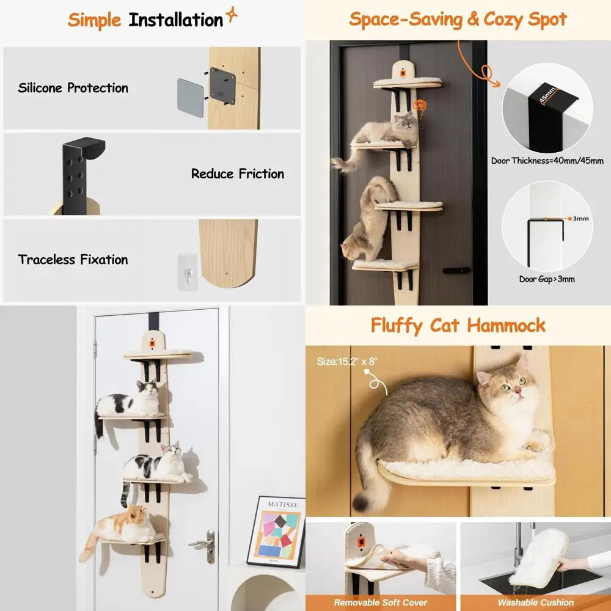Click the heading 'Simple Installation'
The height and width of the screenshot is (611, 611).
click(x=145, y=20)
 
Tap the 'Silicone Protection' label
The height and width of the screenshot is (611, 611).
click(x=73, y=88)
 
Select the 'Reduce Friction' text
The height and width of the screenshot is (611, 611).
click(x=238, y=174)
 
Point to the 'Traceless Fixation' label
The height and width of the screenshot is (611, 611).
click(x=73, y=260)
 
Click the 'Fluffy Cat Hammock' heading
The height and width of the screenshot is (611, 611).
click(x=458, y=325)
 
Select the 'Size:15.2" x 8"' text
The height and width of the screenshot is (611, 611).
click(x=347, y=361)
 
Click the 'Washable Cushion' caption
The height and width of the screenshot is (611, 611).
click(x=535, y=602)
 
